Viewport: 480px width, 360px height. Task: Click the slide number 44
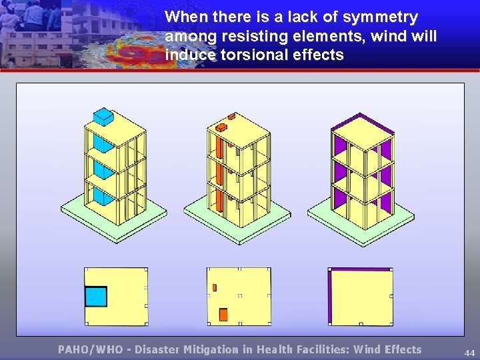[469, 352]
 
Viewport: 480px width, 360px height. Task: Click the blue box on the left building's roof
[103, 117]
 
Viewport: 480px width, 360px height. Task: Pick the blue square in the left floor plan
[96, 296]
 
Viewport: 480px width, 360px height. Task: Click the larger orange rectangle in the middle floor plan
[223, 314]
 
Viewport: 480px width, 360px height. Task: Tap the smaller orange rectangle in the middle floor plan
[215, 287]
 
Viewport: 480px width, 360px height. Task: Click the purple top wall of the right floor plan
[361, 269]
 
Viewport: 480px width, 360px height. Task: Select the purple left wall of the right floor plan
[330, 297]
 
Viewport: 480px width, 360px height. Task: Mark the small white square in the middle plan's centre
[239, 295]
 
